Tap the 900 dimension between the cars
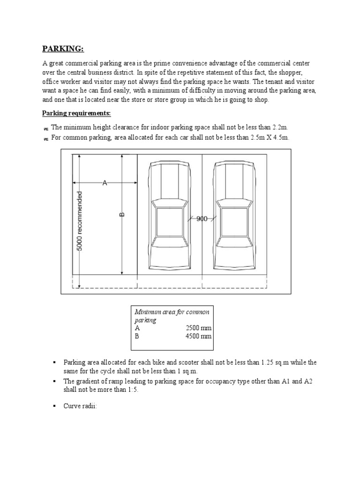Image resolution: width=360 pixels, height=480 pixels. pos(202,218)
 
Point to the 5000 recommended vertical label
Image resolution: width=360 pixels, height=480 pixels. pos(80,220)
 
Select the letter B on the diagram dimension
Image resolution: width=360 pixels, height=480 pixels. pos(122,215)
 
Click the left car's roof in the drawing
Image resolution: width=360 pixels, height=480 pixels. pos(169,223)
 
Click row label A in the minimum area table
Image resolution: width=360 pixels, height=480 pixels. pos(137,329)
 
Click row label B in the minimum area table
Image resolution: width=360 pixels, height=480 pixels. pos(137,336)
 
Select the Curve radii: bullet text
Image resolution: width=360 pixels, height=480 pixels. pos(80,406)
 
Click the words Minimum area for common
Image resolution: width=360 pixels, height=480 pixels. pos(172,312)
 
